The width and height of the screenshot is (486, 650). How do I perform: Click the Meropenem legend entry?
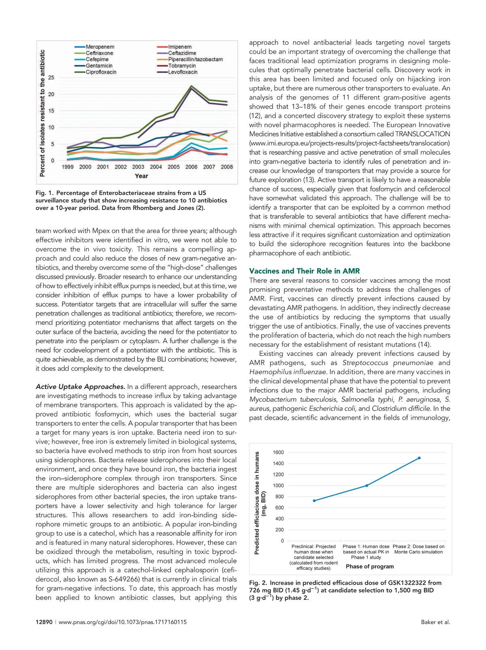100,47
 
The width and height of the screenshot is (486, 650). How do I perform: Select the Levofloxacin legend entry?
183,72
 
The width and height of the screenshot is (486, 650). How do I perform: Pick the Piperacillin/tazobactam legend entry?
195,59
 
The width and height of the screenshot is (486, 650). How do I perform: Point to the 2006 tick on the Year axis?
192,167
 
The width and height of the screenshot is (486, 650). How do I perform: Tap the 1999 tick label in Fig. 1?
68,167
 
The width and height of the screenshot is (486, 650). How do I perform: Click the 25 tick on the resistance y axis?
51,77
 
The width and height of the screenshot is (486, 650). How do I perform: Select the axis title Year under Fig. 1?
141,176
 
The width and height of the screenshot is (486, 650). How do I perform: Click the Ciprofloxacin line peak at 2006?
192,86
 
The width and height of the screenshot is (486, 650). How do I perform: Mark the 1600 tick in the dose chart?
278,452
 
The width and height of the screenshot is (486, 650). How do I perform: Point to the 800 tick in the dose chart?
279,497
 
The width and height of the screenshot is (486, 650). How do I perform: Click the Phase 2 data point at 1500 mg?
419,458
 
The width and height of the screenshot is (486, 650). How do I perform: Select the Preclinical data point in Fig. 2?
314,501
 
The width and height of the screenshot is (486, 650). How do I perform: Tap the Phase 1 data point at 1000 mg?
367,486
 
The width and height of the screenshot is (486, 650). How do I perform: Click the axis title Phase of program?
369,567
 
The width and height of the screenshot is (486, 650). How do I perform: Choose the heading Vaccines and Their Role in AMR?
304,271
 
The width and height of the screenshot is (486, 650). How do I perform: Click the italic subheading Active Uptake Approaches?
80,387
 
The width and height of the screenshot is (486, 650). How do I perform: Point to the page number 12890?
44,622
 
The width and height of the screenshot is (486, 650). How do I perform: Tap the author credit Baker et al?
435,622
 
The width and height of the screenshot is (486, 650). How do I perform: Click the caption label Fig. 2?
258,583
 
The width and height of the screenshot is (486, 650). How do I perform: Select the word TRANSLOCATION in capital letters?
422,134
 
